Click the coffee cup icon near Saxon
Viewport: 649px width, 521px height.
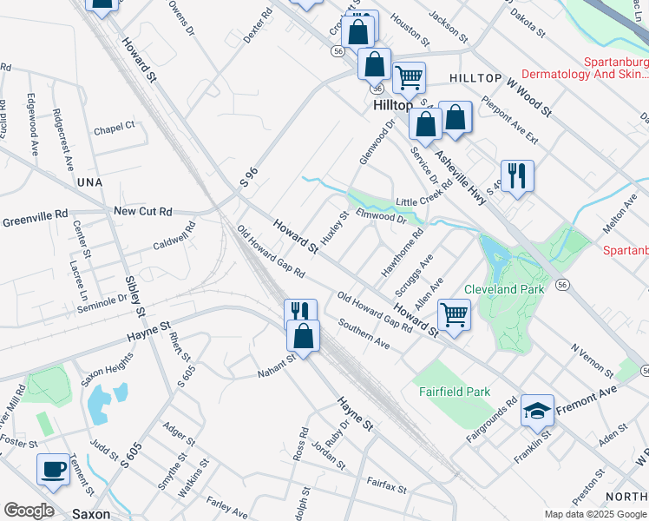click(x=53, y=469)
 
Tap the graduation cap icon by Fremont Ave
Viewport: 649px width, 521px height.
click(x=537, y=410)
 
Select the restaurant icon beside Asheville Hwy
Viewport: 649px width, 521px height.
click(x=517, y=176)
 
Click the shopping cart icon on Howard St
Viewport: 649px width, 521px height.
click(x=454, y=314)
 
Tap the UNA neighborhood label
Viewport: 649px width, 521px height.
click(x=88, y=182)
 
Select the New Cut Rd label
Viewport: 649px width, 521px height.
click(x=143, y=211)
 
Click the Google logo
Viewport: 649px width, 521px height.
click(x=29, y=511)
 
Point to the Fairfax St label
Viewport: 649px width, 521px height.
click(x=386, y=484)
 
